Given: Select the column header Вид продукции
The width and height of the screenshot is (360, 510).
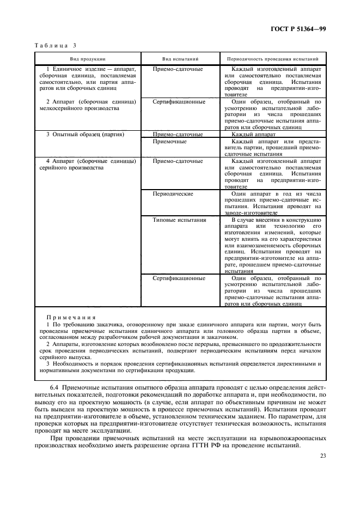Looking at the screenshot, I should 87,58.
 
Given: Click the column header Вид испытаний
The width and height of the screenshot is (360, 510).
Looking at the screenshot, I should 180,58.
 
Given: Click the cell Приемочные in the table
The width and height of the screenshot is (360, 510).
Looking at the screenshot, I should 170,141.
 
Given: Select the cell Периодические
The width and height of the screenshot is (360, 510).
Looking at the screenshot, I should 173,193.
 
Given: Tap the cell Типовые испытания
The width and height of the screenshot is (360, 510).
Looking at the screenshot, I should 180,220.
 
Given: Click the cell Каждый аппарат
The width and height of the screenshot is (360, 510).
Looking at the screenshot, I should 254,133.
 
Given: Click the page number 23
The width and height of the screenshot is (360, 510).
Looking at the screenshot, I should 323,456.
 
